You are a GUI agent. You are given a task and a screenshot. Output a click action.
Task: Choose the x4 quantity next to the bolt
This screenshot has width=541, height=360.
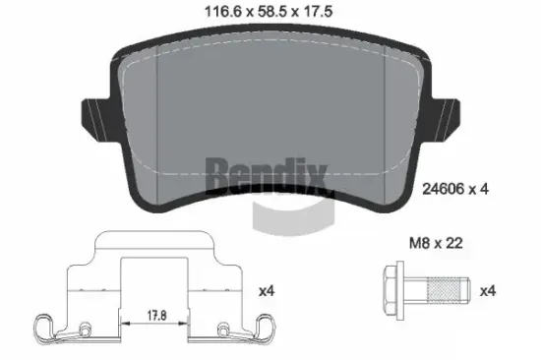tap(486, 291)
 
